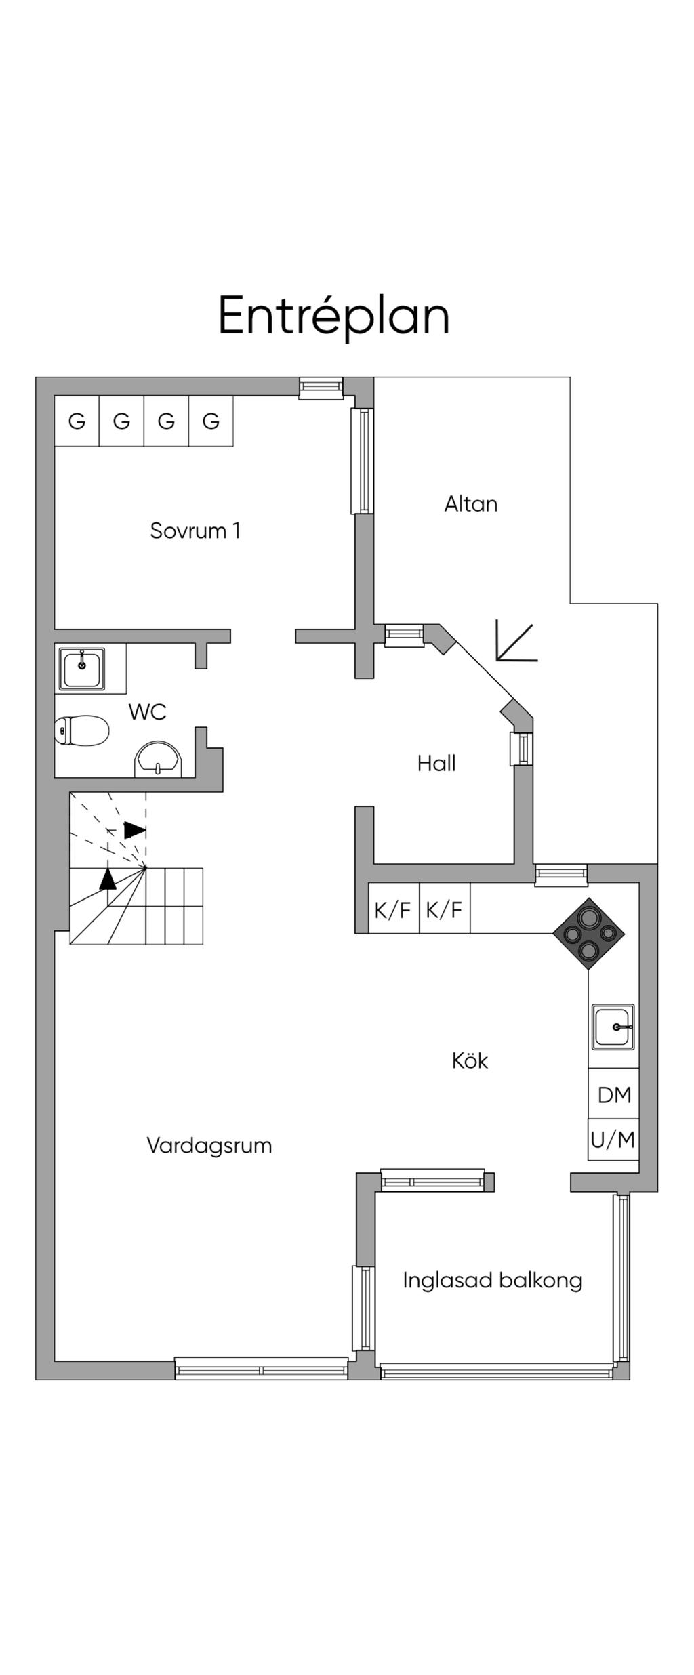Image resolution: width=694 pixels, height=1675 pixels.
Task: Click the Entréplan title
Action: coord(333,316)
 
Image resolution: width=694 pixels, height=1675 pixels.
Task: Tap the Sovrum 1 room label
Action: coord(195,531)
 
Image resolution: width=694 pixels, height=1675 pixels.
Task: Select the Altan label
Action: coord(471,504)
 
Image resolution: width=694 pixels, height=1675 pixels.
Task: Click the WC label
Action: coord(147,712)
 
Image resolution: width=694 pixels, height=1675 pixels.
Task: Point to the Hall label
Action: coord(436,764)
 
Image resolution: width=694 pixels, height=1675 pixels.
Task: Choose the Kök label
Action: coord(470,1060)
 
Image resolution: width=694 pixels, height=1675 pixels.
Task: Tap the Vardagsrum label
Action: coord(209,1146)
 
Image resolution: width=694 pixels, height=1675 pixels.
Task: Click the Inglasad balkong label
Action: coord(493,1280)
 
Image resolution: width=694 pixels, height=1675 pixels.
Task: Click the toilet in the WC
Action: coord(81,730)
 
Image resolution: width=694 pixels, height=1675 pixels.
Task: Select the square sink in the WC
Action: coord(81,669)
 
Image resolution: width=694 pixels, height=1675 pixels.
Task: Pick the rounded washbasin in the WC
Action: coord(159,759)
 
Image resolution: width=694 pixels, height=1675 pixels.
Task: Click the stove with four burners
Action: coord(588,934)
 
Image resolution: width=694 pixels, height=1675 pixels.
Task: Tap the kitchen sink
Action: coord(613,1027)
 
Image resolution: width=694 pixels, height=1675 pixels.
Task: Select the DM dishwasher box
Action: coord(613,1094)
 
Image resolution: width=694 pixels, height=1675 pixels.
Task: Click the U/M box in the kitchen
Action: coord(613,1140)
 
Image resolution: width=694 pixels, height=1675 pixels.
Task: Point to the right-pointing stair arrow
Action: coord(135,830)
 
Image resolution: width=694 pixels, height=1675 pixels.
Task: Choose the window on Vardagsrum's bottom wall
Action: coord(262,1369)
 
